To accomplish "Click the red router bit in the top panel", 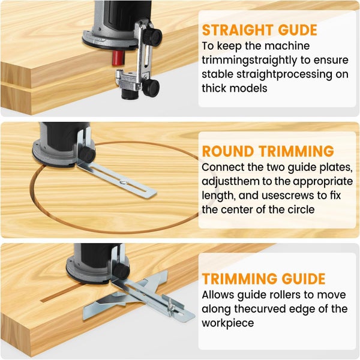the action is click(118, 58).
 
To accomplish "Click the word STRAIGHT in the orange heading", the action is click(238, 30).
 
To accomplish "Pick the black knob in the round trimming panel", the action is click(88, 154).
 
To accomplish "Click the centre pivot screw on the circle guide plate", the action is click(123, 182).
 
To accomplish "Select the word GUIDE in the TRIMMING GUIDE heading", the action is click(304, 279).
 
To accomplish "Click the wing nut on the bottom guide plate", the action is click(170, 306).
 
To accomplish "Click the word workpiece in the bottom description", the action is click(228, 323).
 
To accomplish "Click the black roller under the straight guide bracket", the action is click(130, 94).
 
